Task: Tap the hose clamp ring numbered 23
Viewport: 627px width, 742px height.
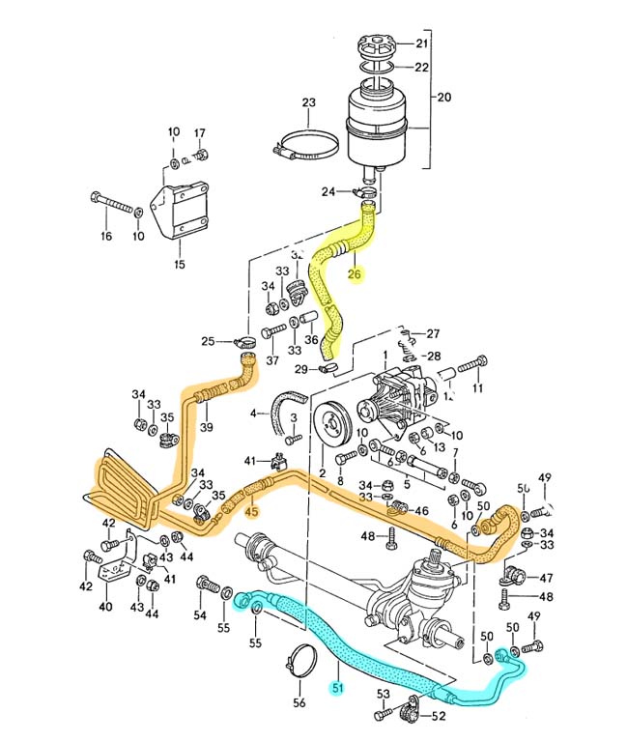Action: tap(307, 145)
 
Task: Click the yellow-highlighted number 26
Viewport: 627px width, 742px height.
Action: tap(355, 273)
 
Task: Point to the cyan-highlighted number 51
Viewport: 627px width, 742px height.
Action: tap(336, 688)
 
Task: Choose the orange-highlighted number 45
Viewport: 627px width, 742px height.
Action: tap(251, 511)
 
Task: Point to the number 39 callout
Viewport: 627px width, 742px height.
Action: tap(206, 428)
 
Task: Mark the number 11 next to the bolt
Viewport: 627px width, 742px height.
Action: tap(477, 388)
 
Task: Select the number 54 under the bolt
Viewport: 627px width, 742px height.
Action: tap(200, 614)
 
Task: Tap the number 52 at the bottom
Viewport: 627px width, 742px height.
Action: tap(439, 716)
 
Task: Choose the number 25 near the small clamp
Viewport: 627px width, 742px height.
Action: tap(207, 341)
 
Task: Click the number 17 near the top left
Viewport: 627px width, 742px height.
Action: tap(200, 132)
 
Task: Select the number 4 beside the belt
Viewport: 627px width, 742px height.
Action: tap(253, 414)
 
